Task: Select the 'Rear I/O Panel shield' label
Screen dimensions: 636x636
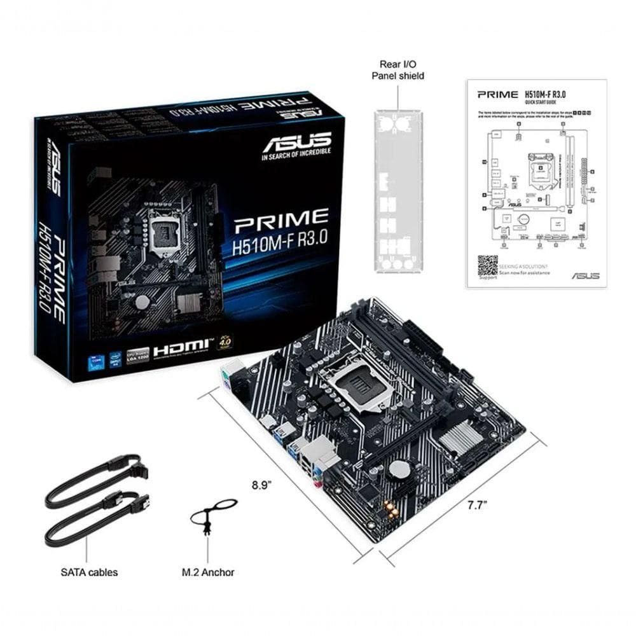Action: pos(398,70)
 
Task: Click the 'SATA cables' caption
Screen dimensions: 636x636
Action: pos(89,572)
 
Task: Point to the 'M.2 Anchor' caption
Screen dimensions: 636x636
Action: pos(208,572)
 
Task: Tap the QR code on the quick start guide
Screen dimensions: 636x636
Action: pos(488,265)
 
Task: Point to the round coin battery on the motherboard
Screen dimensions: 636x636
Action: pos(399,469)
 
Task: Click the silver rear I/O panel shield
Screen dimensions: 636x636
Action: pos(398,191)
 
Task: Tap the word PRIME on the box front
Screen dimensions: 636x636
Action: pos(281,220)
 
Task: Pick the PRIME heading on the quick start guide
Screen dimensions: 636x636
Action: pos(497,95)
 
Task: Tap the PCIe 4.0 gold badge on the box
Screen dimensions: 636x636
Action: pos(225,341)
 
